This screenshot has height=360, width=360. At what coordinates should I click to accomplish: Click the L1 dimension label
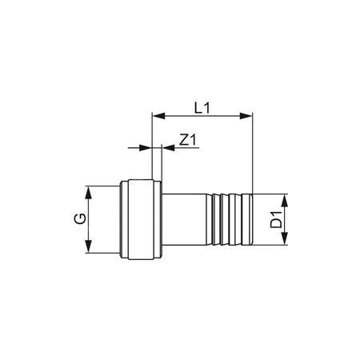click(x=202, y=106)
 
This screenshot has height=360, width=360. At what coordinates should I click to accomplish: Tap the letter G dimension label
click(x=78, y=220)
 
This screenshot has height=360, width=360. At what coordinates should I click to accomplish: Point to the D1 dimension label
click(x=274, y=220)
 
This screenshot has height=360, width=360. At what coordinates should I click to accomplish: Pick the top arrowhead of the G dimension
click(x=88, y=190)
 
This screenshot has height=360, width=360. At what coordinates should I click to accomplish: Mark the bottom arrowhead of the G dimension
click(x=88, y=250)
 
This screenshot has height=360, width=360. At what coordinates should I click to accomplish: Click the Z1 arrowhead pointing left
click(x=166, y=148)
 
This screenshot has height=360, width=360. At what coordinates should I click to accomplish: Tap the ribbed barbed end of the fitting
click(x=232, y=220)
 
